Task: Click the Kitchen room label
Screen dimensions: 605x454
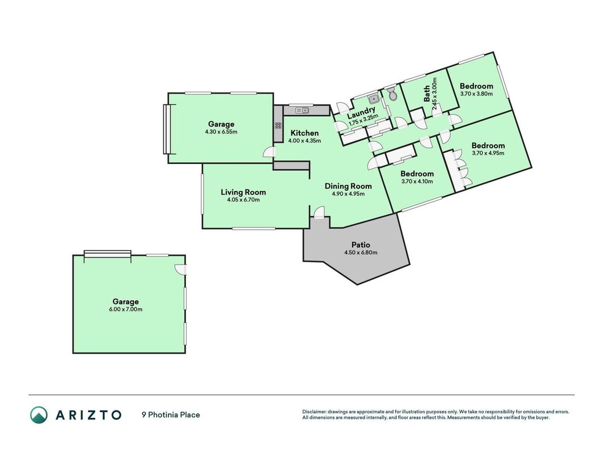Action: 304,133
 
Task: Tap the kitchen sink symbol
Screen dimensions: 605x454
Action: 302,111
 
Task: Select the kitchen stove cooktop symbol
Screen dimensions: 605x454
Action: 278,125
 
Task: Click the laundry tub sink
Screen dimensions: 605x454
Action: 373,100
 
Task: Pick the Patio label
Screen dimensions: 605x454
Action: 361,245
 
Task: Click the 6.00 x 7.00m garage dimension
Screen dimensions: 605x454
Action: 126,309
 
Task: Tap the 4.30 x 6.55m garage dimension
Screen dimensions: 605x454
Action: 221,132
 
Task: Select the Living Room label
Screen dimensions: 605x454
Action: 243,192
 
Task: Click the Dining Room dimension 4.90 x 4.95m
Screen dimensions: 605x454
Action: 348,194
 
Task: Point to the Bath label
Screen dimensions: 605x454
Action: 427,94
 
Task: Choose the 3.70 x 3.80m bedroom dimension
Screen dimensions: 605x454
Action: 476,94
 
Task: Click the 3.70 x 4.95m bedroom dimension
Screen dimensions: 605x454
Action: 488,153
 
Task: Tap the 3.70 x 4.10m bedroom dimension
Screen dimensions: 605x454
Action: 417,182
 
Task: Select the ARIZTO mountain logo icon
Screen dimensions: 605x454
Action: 39,415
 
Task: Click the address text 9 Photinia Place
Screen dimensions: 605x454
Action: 171,415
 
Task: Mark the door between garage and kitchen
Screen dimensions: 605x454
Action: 269,152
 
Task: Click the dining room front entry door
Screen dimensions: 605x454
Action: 319,213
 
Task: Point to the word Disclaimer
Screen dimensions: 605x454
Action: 314,412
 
